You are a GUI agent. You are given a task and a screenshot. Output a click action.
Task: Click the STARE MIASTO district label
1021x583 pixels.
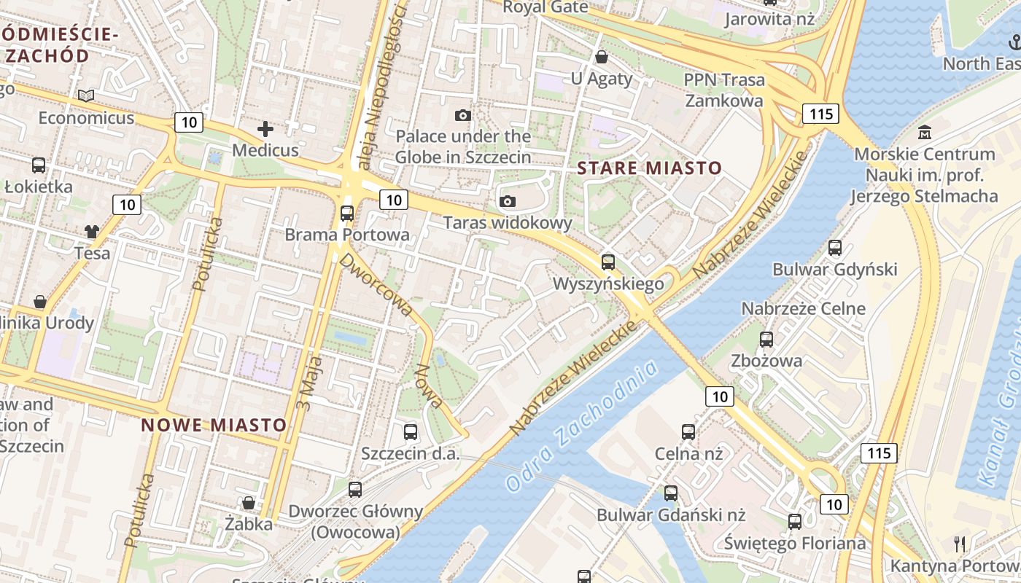coord(649,168)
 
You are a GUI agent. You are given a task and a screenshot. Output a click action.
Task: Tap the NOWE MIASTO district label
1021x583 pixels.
coord(214,425)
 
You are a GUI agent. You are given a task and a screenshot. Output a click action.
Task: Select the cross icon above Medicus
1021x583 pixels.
coord(265,130)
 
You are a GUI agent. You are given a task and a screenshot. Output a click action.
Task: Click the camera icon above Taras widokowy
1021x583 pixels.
coord(508,201)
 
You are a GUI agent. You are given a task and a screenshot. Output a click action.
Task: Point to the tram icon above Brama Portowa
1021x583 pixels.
coord(347,214)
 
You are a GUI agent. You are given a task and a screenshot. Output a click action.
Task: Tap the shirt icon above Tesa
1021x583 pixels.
coord(92,232)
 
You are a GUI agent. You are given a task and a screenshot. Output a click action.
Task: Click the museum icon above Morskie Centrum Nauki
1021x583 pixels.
coord(925,133)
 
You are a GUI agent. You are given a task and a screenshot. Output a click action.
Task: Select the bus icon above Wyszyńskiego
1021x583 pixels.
coord(608,262)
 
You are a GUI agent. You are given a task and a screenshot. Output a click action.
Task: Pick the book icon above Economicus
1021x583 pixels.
coord(86,95)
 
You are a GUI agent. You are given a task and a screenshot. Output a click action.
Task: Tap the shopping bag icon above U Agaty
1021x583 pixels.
coord(602,57)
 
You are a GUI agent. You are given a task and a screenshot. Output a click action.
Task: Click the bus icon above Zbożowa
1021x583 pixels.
coord(766,339)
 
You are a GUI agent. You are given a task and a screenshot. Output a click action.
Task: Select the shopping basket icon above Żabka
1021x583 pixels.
coord(249,503)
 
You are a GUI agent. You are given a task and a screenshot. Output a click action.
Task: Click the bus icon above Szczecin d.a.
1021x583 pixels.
coord(411,432)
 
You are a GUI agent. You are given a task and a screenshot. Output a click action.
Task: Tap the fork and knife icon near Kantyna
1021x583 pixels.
coord(960,544)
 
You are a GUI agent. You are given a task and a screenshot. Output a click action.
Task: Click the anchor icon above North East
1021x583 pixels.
coord(1014,42)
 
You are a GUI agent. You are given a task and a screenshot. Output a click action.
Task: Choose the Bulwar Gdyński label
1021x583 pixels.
coord(834,270)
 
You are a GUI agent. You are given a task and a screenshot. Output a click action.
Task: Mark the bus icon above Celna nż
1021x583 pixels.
coord(688,432)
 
